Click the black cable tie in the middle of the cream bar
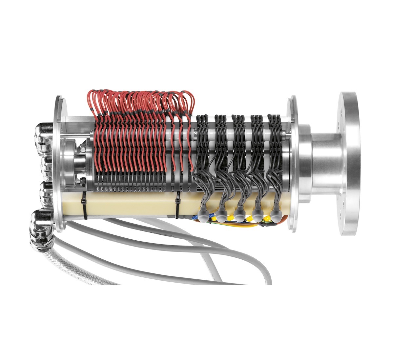pos(177,205)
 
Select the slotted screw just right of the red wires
pos(195,134)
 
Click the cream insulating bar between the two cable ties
pos(131,203)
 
